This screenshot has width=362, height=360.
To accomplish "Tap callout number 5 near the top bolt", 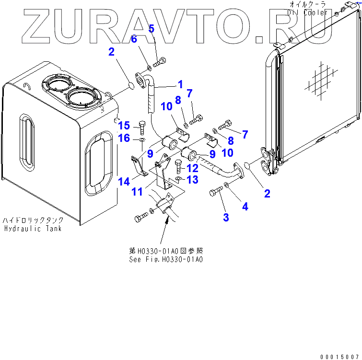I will coord(151,29).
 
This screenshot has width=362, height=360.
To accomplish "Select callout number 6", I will coord(134,39).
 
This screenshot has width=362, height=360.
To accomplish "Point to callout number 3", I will coord(226,217).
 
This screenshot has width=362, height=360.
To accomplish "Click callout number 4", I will coord(245,207).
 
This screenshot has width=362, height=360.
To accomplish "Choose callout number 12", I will coord(192,168).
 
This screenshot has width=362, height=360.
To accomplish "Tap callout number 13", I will coord(192,179).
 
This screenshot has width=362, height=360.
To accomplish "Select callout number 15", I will coord(124,126).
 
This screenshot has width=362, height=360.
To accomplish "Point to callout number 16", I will coord(124,138).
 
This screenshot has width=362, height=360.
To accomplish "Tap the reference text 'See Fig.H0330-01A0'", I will coord(166,259).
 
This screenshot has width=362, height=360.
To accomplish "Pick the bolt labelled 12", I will coord(179,166).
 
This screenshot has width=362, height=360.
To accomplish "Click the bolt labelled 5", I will coord(160,61).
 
